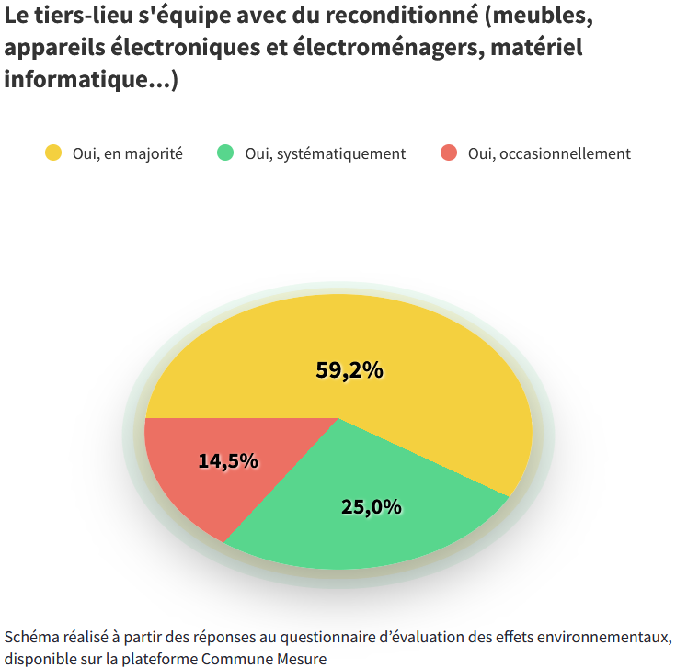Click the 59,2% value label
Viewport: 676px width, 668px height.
pos(349,370)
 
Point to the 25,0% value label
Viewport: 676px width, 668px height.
pos(372,506)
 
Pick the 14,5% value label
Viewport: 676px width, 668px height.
pos(228,460)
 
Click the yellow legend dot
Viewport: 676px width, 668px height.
pos(53,153)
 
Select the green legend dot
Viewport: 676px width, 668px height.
pos(225,153)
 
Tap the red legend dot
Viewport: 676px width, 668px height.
pos(449,153)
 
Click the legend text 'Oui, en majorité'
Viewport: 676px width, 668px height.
pos(128,153)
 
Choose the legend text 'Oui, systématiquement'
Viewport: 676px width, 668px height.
pos(326,153)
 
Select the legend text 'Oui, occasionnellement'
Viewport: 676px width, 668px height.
pos(549,153)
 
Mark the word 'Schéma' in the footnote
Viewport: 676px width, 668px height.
pos(29,637)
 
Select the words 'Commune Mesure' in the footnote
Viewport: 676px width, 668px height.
pos(264,658)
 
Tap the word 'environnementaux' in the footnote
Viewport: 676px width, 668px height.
pos(602,637)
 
